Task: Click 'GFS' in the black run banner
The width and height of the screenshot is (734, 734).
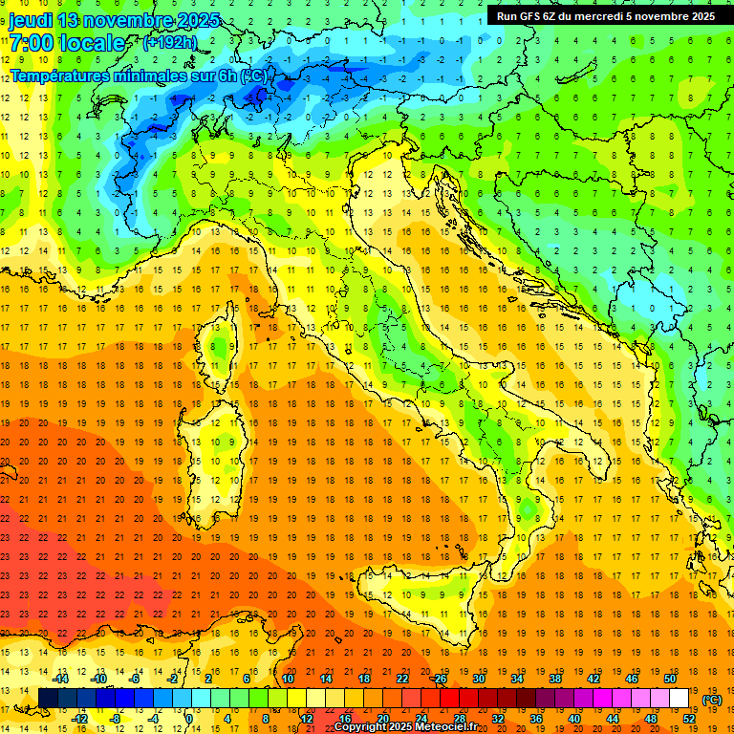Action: click(537, 16)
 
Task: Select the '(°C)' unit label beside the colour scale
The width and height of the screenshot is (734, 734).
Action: click(711, 700)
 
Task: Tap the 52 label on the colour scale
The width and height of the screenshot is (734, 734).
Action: click(688, 719)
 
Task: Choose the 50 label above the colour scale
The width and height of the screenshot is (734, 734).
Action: click(669, 679)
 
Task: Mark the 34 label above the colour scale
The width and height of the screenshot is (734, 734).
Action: click(516, 679)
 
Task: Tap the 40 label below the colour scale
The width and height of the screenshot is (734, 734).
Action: click(573, 719)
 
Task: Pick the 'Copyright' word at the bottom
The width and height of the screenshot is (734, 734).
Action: click(366, 727)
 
